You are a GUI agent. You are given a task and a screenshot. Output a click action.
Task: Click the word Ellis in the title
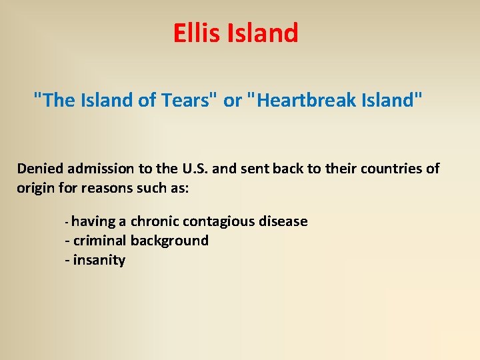[194, 33]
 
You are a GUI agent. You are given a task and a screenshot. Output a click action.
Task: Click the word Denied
[41, 168]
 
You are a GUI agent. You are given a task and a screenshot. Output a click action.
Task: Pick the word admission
[102, 168]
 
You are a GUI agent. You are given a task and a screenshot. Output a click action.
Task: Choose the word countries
[390, 168]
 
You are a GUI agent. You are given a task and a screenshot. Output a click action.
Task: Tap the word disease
[282, 221]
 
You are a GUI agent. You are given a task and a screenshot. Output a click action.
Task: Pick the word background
[169, 240]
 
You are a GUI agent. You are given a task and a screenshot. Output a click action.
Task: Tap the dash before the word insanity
[67, 260]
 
